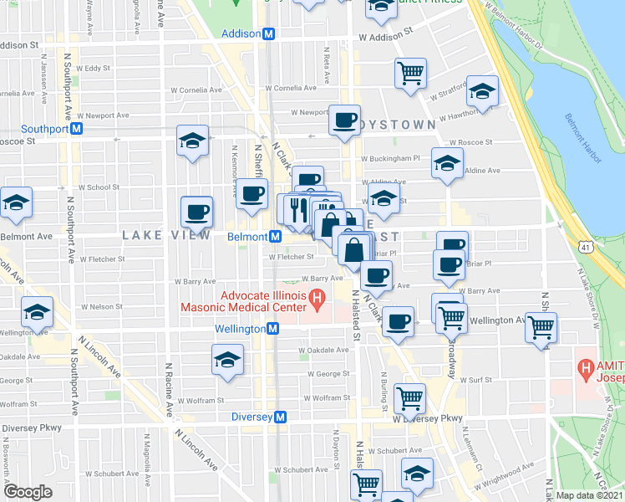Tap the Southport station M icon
point(76,129)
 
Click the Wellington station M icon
point(272,330)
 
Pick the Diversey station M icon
point(281,417)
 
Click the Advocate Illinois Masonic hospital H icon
point(317,297)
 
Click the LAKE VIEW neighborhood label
point(165,236)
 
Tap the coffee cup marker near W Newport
point(343,120)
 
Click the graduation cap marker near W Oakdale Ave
point(226,360)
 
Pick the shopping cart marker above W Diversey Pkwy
point(409,398)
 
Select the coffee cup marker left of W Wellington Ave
point(399,321)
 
